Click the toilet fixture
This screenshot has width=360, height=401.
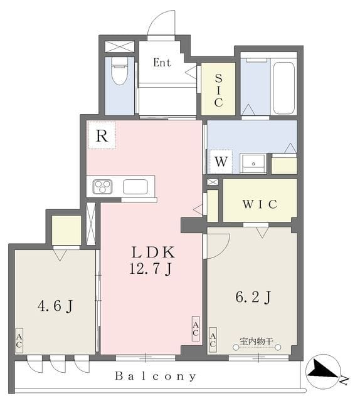[x=120, y=71]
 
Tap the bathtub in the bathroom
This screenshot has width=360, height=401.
[x=283, y=88]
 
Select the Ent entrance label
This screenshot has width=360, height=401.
[x=162, y=63]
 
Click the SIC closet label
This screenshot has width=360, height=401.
[x=218, y=90]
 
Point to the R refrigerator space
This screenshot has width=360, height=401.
[x=102, y=135]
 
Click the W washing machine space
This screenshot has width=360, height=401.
[x=221, y=162]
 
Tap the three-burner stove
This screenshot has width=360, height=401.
[x=102, y=186]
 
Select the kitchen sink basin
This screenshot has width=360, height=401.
[x=135, y=187]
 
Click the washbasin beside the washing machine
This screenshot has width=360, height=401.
[x=253, y=164]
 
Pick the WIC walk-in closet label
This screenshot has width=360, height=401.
[x=260, y=204]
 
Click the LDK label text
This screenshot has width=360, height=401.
[x=153, y=252]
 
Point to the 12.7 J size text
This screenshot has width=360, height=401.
[x=151, y=269]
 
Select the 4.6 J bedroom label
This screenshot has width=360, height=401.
[x=55, y=306]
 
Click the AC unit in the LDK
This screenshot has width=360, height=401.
[x=196, y=329]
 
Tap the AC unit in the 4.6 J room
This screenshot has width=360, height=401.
[x=19, y=341]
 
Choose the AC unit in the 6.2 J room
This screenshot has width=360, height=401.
[x=213, y=340]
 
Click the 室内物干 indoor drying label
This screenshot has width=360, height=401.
[x=257, y=341]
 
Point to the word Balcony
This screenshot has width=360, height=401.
[x=156, y=376]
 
